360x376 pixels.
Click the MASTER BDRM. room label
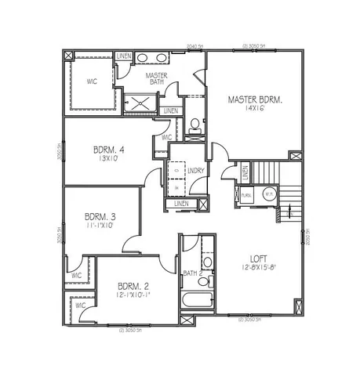point(255,99)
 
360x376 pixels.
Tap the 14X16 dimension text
point(256,110)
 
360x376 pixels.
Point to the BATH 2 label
point(193,273)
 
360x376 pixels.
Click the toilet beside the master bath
point(195,125)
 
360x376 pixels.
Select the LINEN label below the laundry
point(182,204)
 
